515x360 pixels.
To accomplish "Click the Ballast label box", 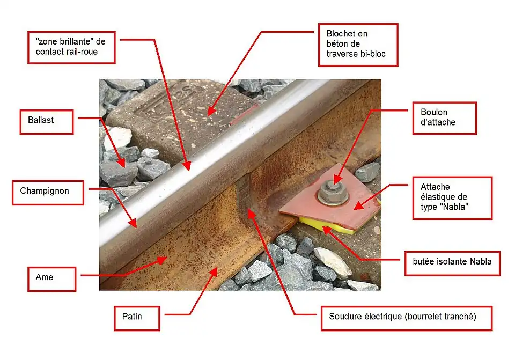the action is coord(47,122).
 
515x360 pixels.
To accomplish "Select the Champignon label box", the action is coord(48,193).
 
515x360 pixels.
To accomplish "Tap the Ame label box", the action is coord(52,279).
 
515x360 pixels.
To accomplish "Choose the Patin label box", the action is coord(137,318).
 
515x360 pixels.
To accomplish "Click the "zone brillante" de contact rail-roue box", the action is coord(71,48).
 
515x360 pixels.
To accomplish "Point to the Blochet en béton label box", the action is coord(358,45).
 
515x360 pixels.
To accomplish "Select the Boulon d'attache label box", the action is coord(445,118).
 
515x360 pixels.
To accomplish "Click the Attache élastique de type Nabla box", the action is coord(453,198).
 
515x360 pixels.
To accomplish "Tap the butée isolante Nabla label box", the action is coord(453,263).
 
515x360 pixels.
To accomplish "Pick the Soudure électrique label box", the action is coord(407,318).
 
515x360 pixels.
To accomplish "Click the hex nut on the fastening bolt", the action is coord(333,192).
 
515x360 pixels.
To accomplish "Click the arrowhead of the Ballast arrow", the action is coord(122,163).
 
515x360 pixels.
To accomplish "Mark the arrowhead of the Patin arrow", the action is coord(214,272).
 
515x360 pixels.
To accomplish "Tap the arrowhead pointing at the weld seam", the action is coord(251,214).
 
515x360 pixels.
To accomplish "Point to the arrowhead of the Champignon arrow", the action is coord(134,223).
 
